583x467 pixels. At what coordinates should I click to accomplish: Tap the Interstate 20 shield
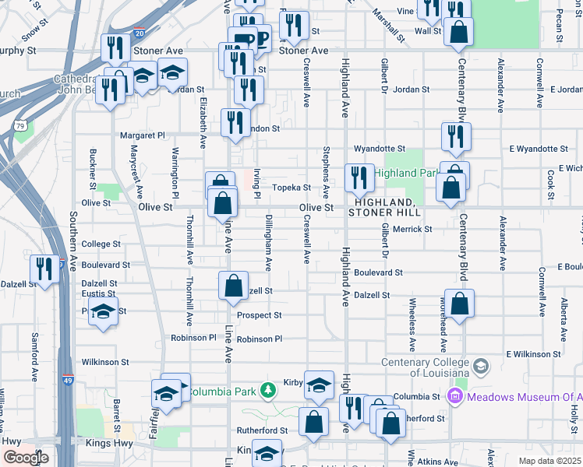point(139,33)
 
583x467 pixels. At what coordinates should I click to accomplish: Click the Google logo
point(25,457)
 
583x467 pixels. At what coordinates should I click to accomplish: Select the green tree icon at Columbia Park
point(268,389)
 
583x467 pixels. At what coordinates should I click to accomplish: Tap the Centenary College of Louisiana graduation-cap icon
point(481,366)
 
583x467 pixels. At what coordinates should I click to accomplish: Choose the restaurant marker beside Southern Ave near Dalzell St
point(44,270)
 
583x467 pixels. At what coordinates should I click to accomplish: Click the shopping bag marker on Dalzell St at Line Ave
point(233,286)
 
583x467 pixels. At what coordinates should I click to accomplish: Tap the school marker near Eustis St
point(103,312)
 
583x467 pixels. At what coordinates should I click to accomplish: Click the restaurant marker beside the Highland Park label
point(359,178)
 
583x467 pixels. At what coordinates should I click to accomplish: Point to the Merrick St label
point(412,229)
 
